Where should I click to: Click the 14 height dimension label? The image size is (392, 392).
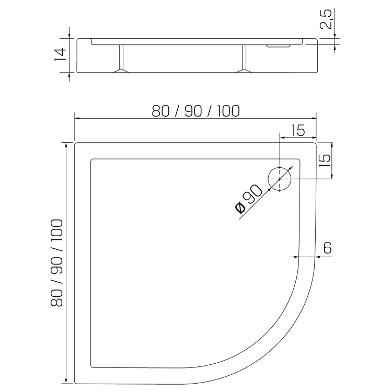(x=60, y=54)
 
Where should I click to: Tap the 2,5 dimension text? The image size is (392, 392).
(x=326, y=19)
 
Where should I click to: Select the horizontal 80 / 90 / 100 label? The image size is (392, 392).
(x=196, y=111)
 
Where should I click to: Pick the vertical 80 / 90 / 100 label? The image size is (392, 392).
(x=56, y=263)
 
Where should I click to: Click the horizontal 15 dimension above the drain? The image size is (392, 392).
(x=298, y=130)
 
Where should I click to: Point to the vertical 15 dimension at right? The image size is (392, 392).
(x=324, y=160)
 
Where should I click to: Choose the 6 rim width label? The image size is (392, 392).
(x=327, y=248)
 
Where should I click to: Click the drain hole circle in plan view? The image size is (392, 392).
(x=280, y=167)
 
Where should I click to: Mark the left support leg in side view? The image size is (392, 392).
(x=121, y=57)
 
